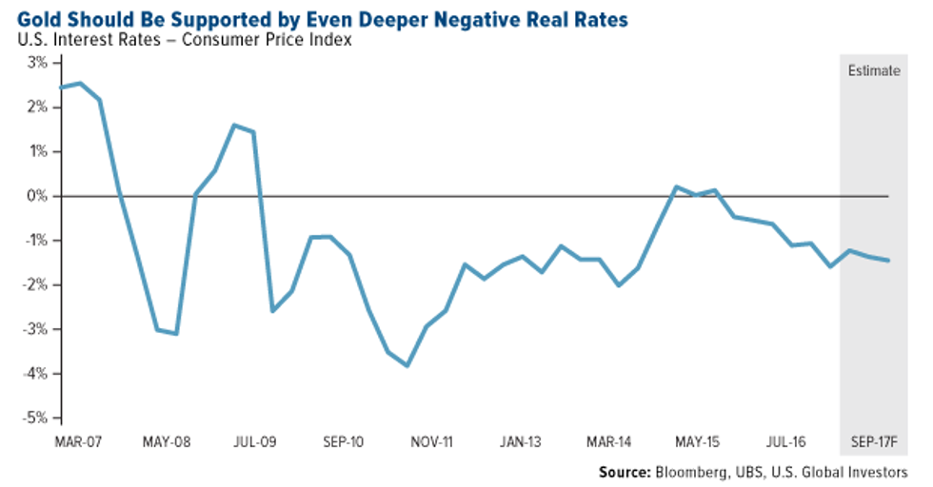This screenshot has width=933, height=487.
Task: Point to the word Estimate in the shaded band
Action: pos(874,70)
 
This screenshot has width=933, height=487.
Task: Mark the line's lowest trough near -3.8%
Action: pos(407,365)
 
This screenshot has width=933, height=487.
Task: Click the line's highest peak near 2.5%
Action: pos(80,84)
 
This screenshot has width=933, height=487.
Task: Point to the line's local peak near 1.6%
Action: pos(234,125)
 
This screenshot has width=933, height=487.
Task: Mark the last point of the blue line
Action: pos(889,261)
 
